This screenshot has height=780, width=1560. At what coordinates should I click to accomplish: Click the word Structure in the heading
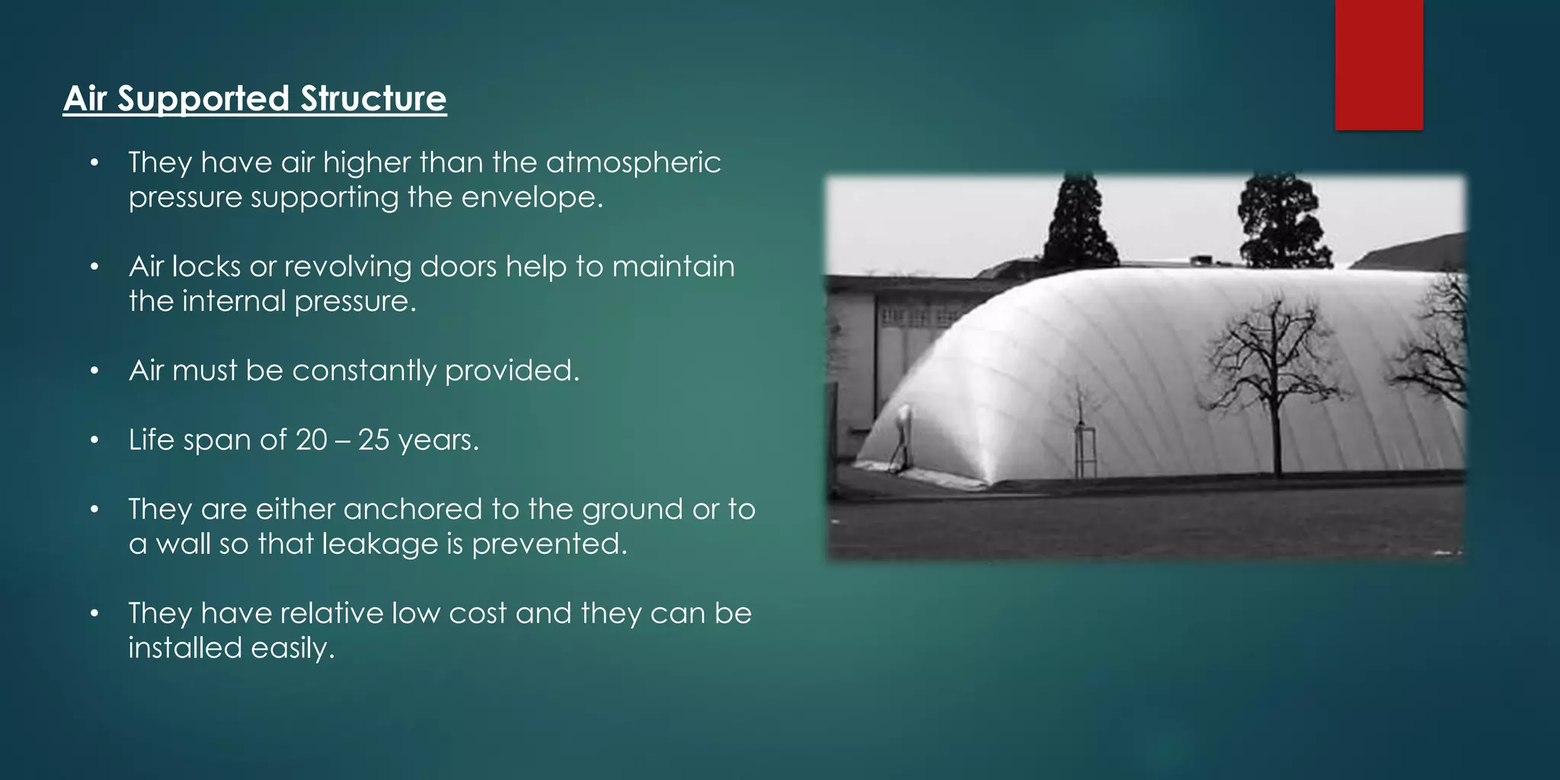[373, 99]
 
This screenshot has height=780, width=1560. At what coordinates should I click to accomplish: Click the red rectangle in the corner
[1379, 64]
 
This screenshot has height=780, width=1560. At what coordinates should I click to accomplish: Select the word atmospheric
[633, 163]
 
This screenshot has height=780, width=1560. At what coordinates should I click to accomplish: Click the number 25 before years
[373, 440]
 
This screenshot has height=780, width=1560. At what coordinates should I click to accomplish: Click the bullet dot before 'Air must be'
[94, 371]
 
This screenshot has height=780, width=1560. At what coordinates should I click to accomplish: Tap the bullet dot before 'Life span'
[94, 440]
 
